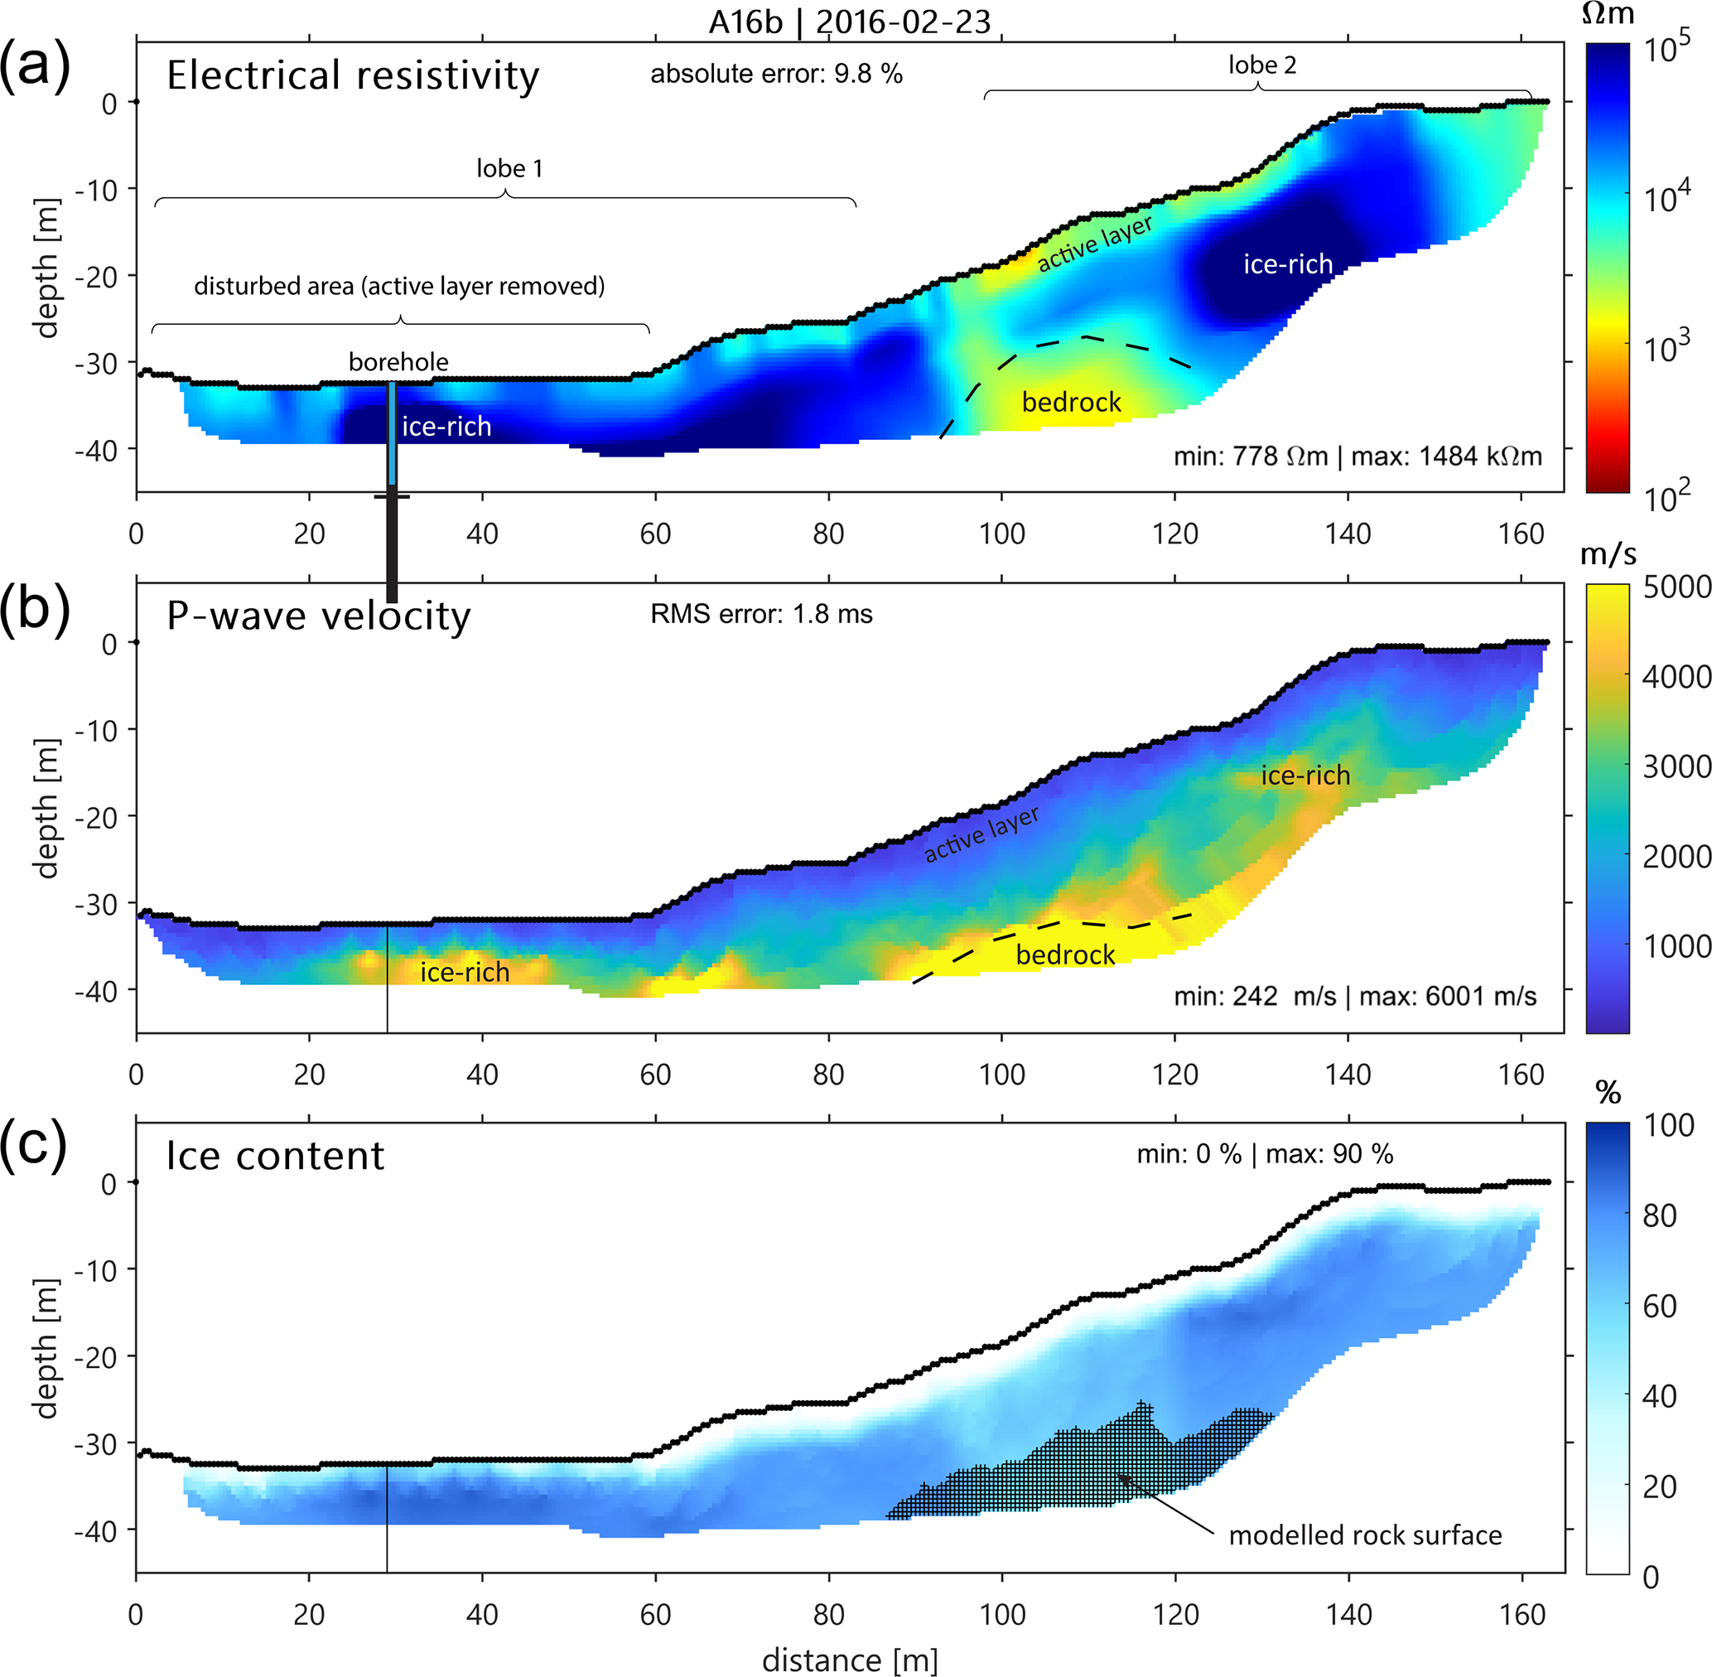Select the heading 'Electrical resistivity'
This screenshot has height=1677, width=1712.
(x=352, y=75)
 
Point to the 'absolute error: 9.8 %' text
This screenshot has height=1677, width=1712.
(x=776, y=74)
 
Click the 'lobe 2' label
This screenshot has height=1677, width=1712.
(x=1262, y=65)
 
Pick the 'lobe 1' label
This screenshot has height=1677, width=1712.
(x=509, y=168)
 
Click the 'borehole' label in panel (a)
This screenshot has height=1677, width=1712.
(x=398, y=362)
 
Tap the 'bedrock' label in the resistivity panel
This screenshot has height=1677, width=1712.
(x=1071, y=403)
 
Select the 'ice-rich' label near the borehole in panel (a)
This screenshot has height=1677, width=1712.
(x=446, y=428)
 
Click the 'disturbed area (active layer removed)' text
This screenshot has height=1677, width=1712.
(x=399, y=286)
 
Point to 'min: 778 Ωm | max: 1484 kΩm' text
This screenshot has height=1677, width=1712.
(x=1358, y=457)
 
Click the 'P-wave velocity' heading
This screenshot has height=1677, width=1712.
(x=318, y=616)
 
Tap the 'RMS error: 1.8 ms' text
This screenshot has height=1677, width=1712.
(x=761, y=614)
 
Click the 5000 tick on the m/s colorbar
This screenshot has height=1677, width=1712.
(x=1676, y=587)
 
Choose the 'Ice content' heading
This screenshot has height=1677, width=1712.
(x=275, y=1156)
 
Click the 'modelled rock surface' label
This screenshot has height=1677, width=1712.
(x=1365, y=1535)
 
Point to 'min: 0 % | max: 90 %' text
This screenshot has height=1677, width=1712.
(x=1265, y=1154)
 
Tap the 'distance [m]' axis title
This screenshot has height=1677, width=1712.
(x=849, y=1660)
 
